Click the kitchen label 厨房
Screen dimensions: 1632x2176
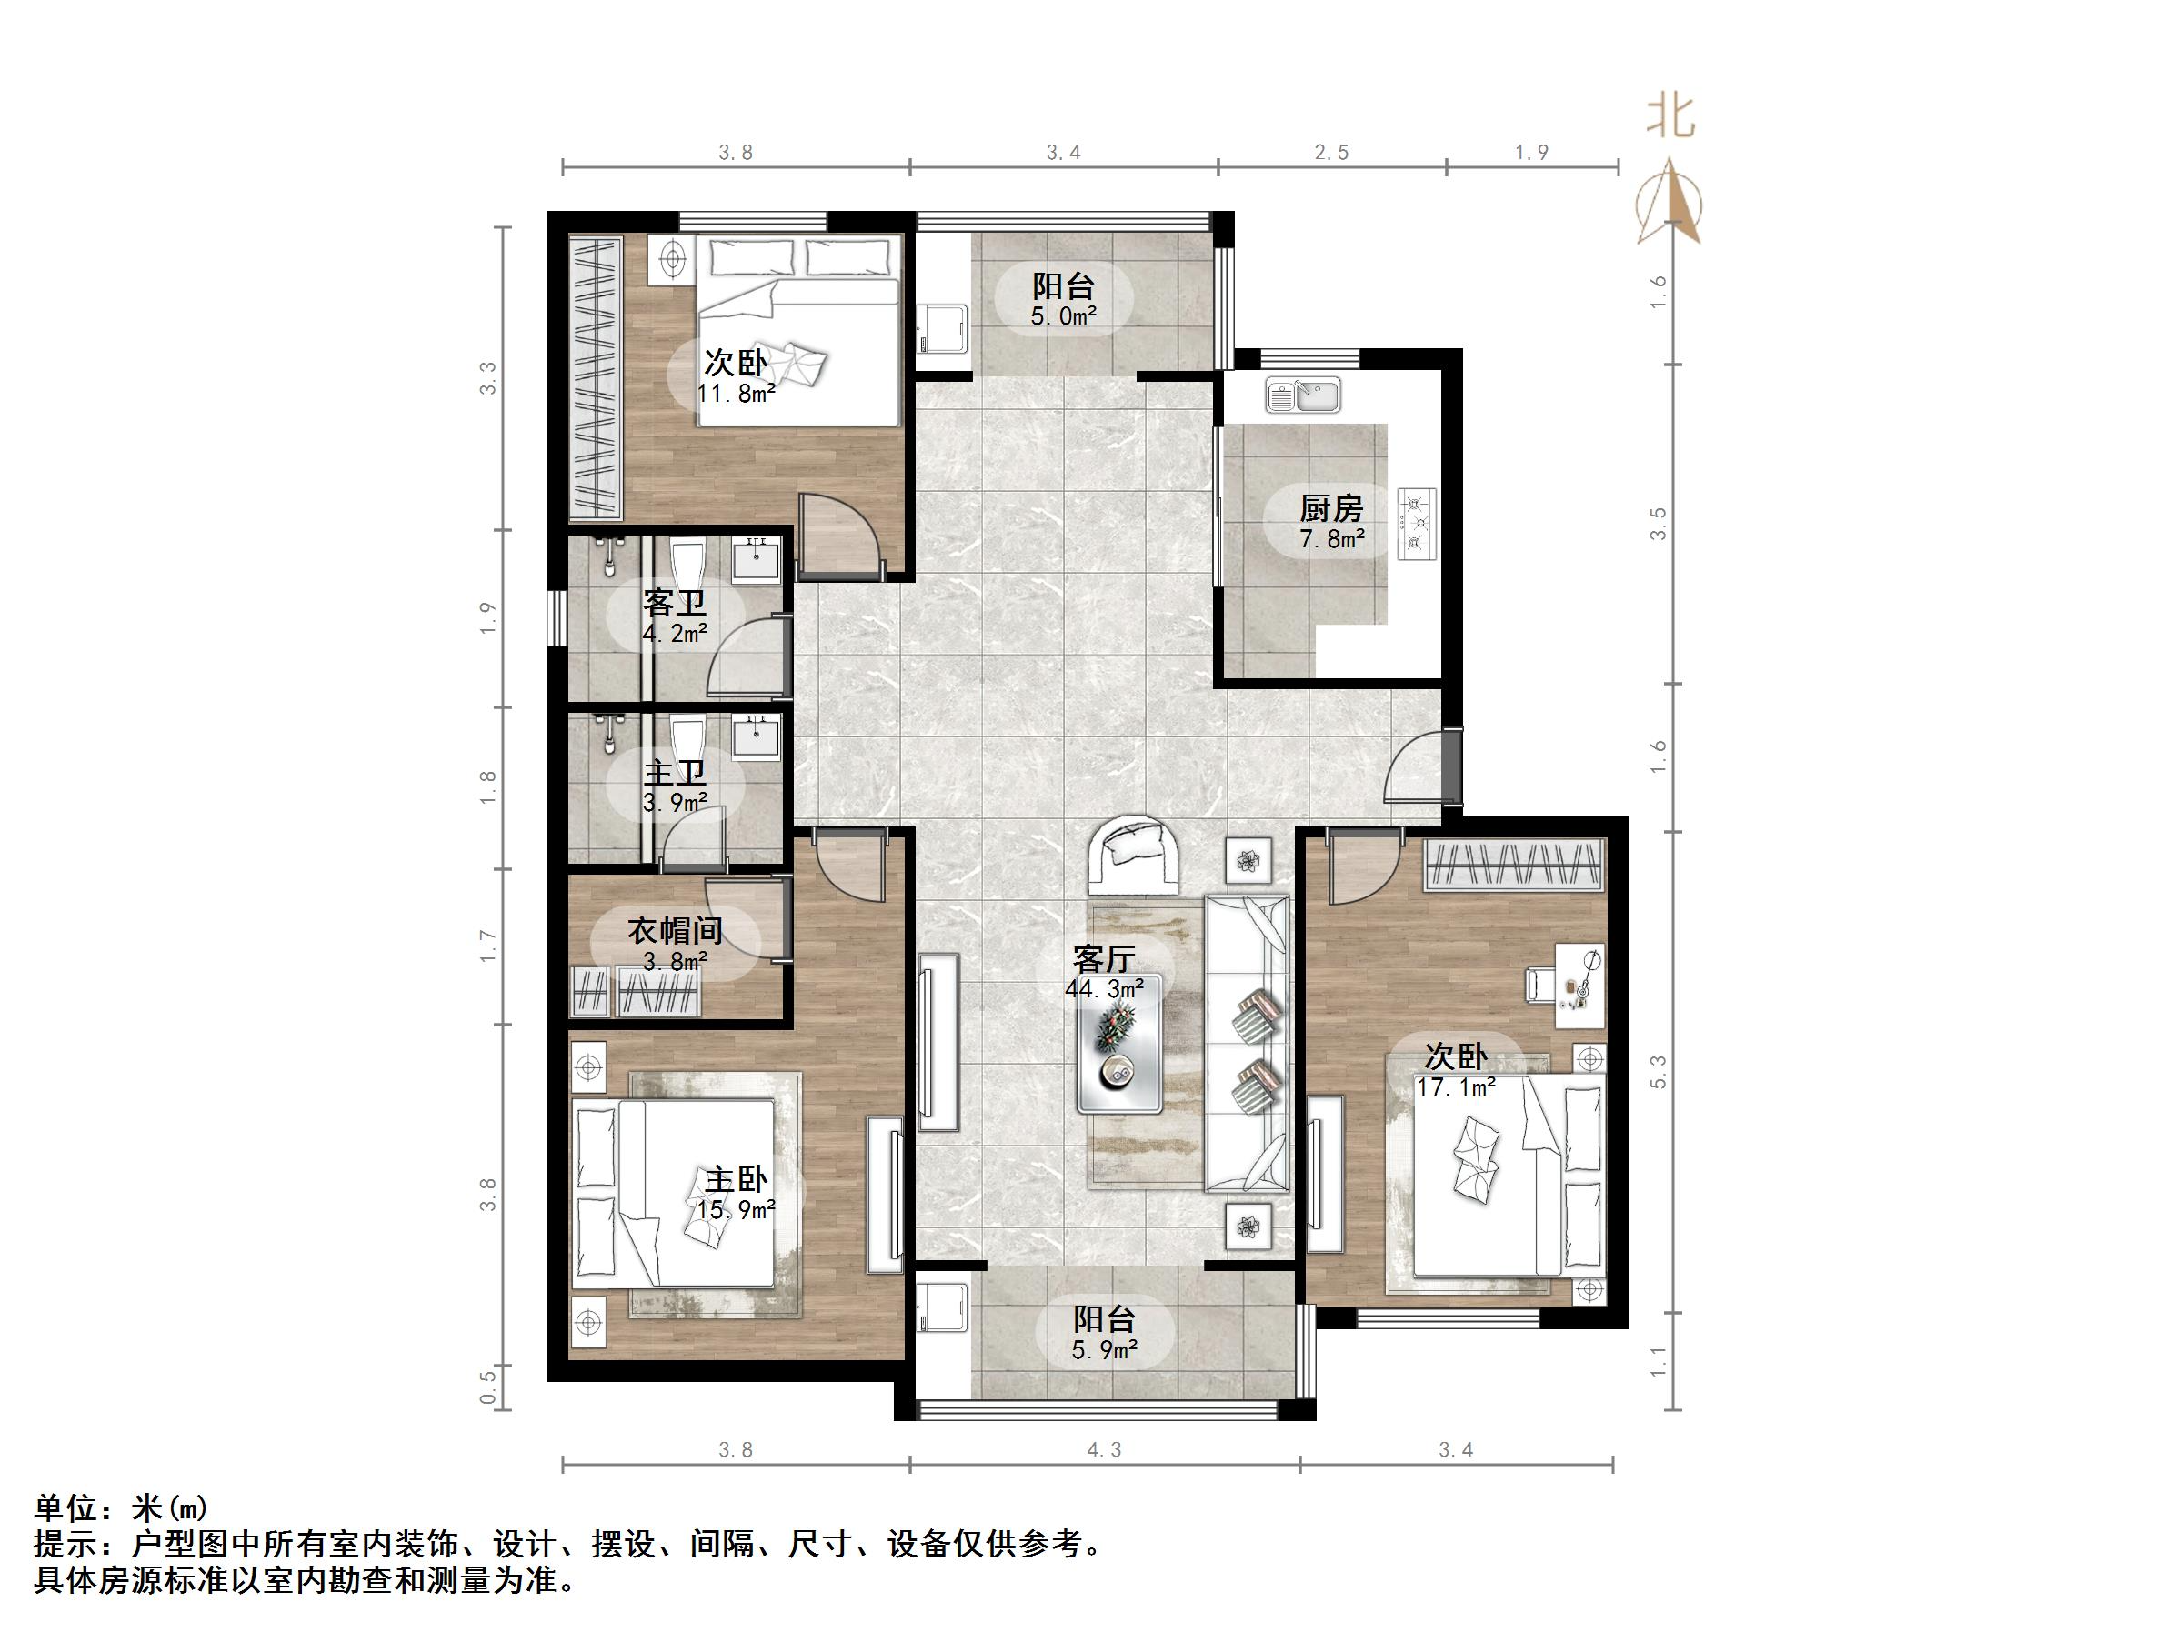1331,508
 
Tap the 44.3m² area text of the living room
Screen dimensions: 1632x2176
1104,988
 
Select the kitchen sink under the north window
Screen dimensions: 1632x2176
1302,395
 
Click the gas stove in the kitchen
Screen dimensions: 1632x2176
1417,525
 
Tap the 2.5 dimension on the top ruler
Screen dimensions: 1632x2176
1331,153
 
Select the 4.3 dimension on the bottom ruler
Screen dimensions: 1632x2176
1104,1449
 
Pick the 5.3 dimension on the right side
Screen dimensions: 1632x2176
1659,1071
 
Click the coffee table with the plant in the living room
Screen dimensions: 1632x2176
1119,1044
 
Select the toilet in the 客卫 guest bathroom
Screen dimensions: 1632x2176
686,564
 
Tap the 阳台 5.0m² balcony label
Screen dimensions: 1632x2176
1063,298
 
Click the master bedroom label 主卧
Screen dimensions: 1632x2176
735,1178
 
